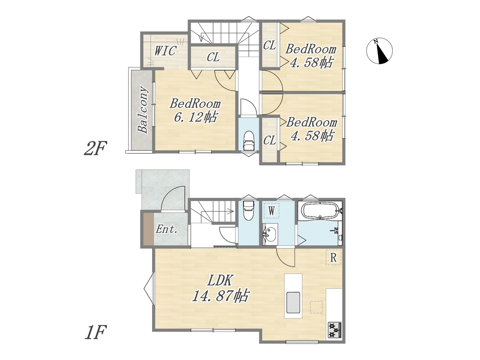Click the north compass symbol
click(x=380, y=51)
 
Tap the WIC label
click(x=165, y=51)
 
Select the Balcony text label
click(x=143, y=110)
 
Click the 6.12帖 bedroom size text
click(x=196, y=117)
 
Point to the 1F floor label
click(x=95, y=332)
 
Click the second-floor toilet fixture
click(x=248, y=140)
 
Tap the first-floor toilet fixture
click(x=248, y=210)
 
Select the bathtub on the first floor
click(x=320, y=210)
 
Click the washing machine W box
click(x=271, y=210)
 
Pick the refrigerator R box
click(x=333, y=257)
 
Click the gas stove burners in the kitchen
click(x=335, y=330)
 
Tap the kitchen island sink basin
click(x=293, y=302)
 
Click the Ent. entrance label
click(x=167, y=229)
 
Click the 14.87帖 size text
click(x=220, y=296)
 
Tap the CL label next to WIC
click(x=213, y=57)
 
